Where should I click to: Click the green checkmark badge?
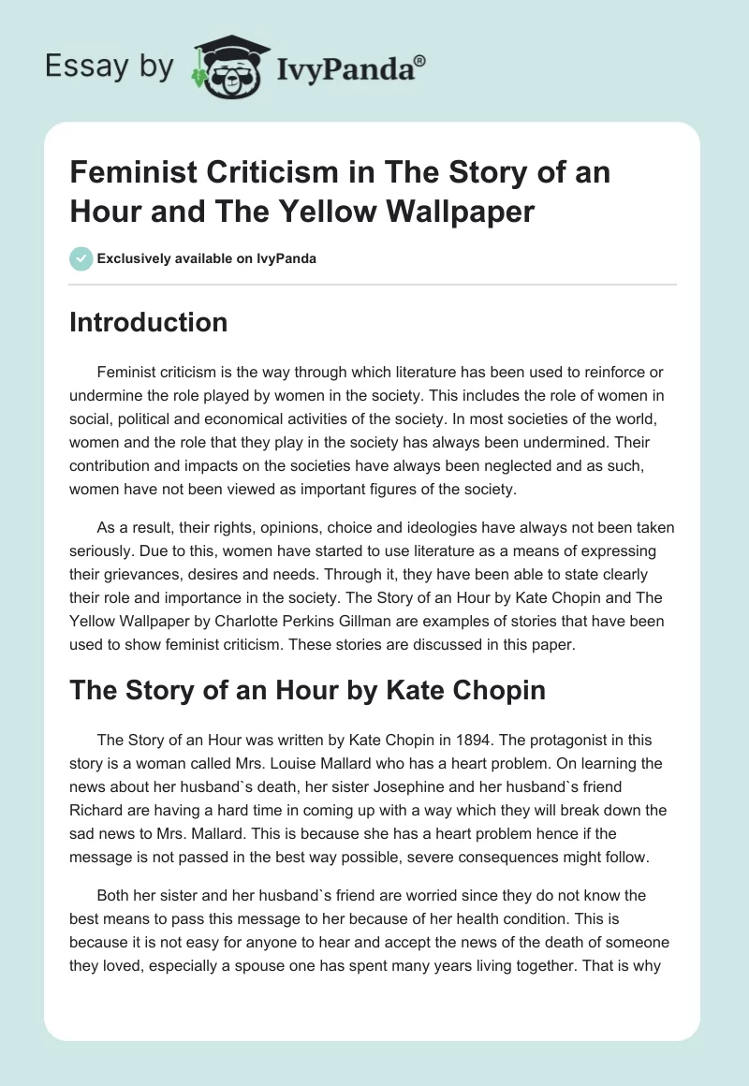coord(81,258)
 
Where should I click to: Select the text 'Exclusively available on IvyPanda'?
coord(206,258)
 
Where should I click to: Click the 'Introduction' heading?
coord(149,323)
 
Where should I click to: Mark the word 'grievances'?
coord(117,573)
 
